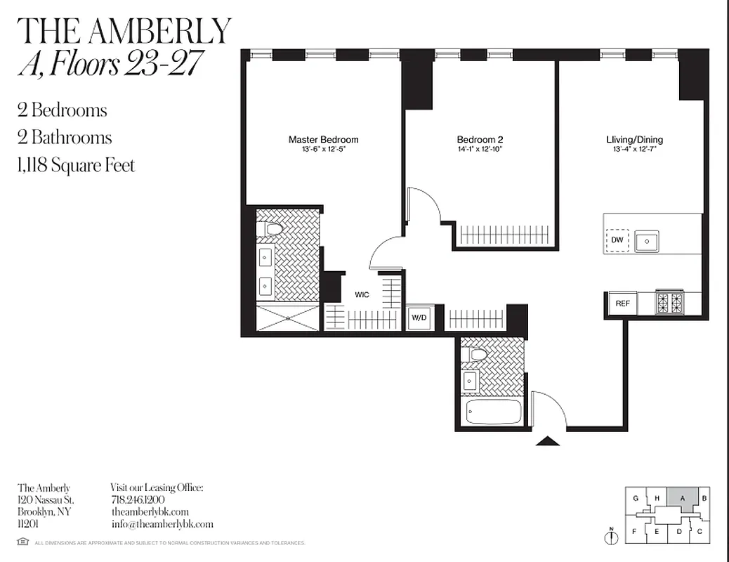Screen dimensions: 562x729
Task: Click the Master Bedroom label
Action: (323, 139)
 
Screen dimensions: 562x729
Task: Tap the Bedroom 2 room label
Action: (480, 139)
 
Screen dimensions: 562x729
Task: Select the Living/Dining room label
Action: (634, 139)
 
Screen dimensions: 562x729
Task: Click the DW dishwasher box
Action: (617, 240)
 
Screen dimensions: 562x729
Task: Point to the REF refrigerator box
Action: (622, 303)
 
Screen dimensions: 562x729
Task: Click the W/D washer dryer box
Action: (419, 318)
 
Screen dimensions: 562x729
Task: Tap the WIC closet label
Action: (362, 294)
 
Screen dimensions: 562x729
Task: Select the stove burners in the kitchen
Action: (669, 303)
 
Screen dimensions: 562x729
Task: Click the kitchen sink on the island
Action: (646, 241)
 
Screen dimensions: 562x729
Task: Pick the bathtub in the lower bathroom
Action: (494, 412)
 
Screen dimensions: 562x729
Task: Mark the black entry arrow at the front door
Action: (547, 441)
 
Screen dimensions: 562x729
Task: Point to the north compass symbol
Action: (611, 535)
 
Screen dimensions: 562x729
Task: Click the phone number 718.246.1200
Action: (138, 499)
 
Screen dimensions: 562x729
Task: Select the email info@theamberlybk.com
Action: (162, 524)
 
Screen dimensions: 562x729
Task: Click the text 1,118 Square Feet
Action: (76, 165)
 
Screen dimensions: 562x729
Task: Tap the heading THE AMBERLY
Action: (124, 31)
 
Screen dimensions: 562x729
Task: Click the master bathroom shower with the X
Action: (288, 318)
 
